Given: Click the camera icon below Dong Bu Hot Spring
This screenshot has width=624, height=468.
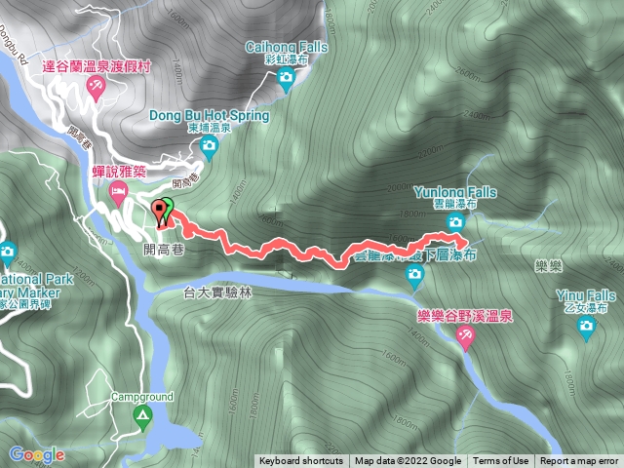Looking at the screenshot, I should pos(208,146).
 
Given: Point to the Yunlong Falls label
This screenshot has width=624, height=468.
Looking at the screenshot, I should pos(453,193).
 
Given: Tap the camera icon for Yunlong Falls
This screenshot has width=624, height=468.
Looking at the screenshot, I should pos(455,223).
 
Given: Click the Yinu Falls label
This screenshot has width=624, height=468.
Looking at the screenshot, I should pos(586,295).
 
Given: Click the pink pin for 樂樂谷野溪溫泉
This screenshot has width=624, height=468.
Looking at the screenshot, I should pos(466,336).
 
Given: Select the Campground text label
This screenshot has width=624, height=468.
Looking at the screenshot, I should pos(141,398).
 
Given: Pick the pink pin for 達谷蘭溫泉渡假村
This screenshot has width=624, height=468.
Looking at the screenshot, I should pos(97,89).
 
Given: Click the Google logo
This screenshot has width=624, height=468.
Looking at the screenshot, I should pos(37,454).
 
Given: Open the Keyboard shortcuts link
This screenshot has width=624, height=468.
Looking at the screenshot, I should pos(300,461).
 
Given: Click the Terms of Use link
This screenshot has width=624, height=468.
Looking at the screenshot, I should pos(501,461).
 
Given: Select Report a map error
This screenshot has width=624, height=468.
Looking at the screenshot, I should pos(579,461).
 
